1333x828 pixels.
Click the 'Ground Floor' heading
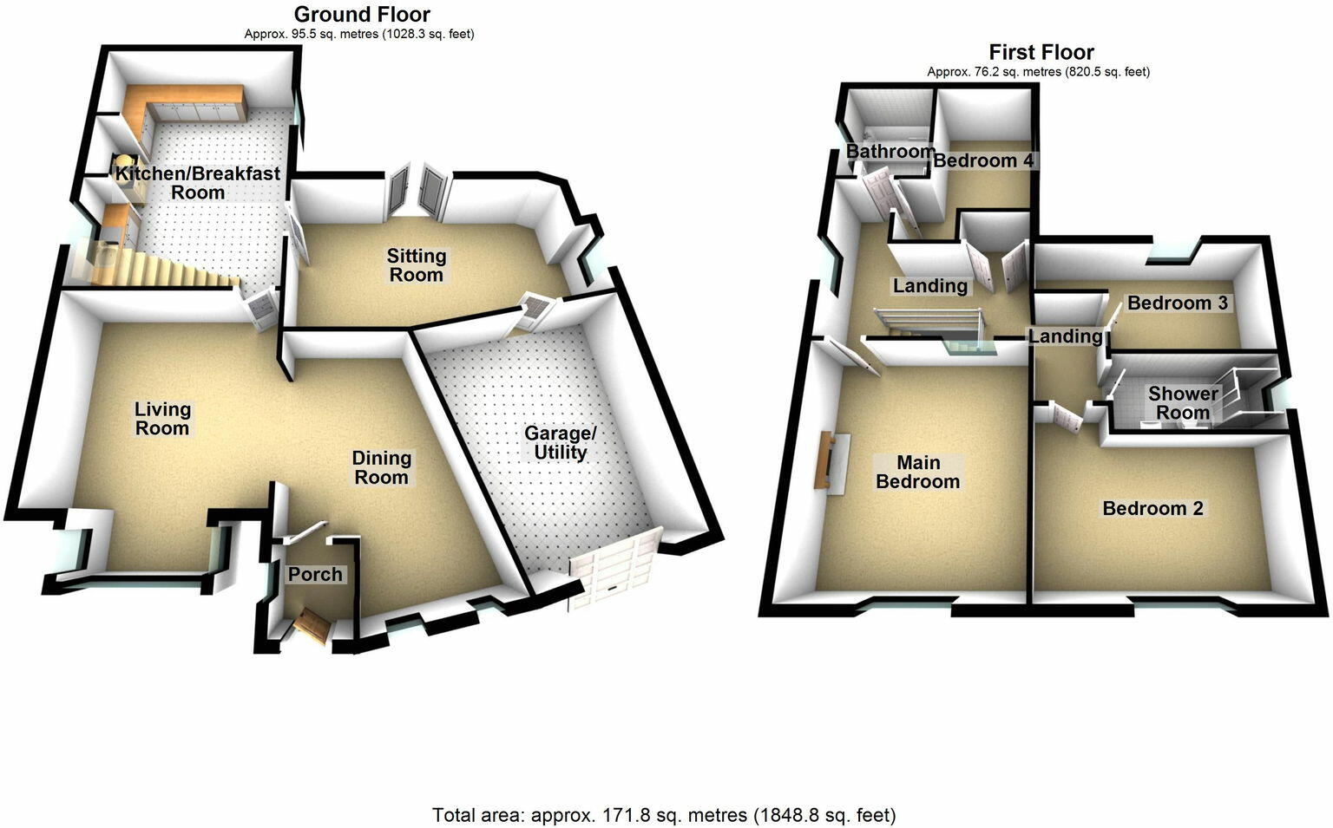pos(362,14)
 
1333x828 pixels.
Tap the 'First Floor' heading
pos(1041,52)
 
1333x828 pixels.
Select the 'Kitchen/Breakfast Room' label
pos(198,182)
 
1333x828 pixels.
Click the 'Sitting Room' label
pos(417,265)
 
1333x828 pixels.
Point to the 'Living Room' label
pos(162,418)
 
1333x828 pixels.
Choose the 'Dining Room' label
pos(381,467)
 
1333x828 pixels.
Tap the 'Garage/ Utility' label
pos(561,442)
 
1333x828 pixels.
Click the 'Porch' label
pos(315,574)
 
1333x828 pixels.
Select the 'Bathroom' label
pos(890,151)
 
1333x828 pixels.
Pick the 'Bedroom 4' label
pos(983,160)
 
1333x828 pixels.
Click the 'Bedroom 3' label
pos(1178,303)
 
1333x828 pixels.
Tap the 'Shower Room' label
pos(1183,403)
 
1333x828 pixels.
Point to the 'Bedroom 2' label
pos(1152,508)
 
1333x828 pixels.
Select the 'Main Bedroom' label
pos(918,472)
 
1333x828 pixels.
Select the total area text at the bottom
pos(664,815)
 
